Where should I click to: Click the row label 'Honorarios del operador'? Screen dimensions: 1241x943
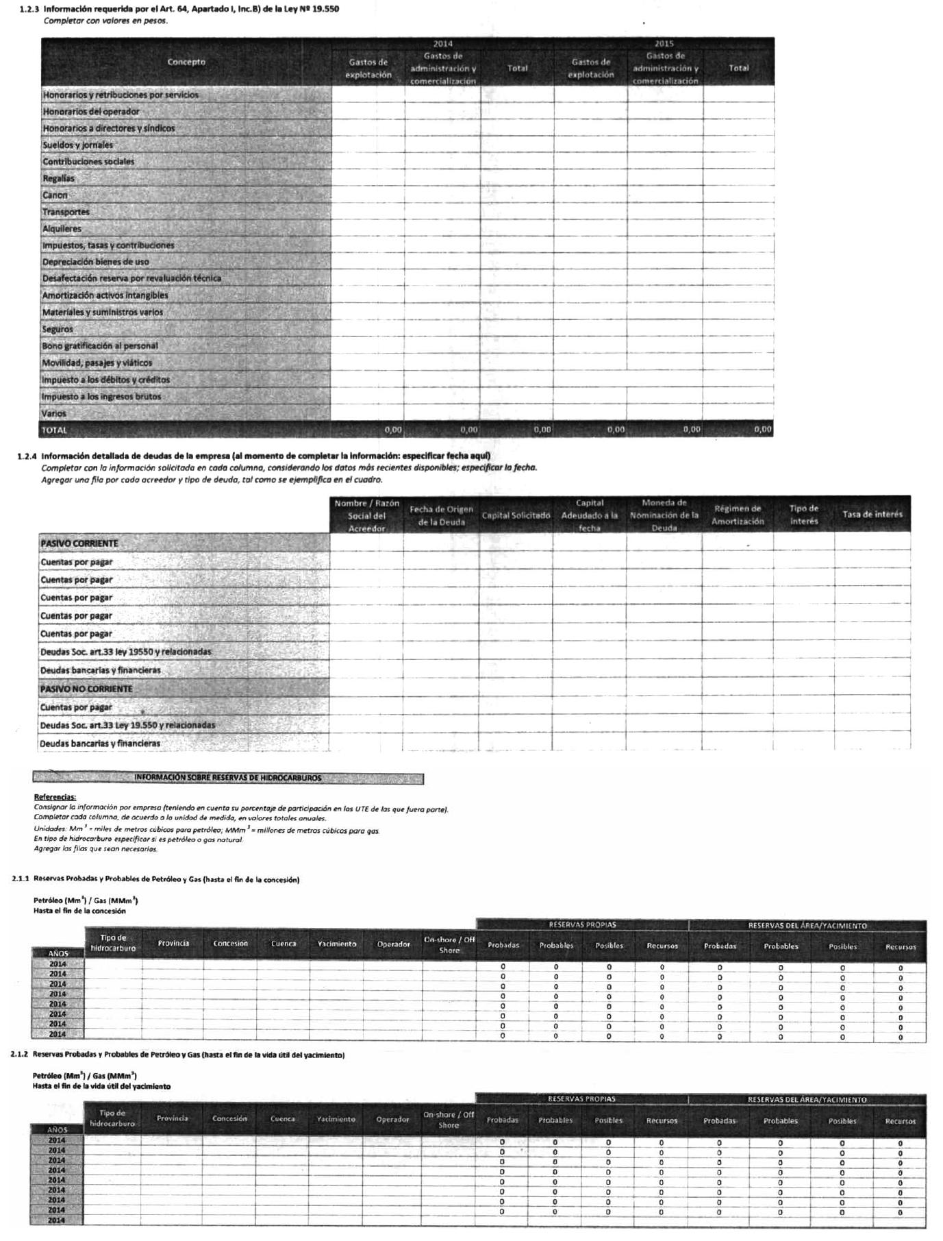click(91, 112)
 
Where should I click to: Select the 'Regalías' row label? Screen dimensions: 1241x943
click(59, 179)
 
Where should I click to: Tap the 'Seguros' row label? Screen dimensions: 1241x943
click(58, 330)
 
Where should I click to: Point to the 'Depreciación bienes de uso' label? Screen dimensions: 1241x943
click(95, 262)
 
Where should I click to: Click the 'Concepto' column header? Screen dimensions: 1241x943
click(186, 62)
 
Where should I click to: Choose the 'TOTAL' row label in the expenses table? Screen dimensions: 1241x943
click(55, 430)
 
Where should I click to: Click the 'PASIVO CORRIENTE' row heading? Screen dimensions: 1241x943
click(79, 544)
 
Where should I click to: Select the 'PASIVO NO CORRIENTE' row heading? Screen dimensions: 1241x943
click(86, 689)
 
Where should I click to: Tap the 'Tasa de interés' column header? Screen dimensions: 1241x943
click(872, 515)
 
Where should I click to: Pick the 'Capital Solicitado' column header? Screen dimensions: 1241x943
click(516, 515)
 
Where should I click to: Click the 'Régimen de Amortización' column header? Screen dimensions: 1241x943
click(738, 515)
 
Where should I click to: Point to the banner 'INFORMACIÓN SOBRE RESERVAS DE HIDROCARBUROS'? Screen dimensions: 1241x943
click(228, 778)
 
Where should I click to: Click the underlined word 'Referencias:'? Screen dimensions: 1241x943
click(55, 798)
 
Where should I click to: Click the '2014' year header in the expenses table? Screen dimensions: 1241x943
click(442, 44)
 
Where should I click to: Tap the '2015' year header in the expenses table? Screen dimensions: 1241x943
click(664, 44)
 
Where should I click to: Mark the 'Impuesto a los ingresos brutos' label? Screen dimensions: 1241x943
click(101, 397)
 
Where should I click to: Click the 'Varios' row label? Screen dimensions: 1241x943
click(54, 414)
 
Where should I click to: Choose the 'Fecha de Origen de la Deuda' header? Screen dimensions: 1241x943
click(441, 515)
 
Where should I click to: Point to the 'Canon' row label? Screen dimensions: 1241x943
click(55, 195)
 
